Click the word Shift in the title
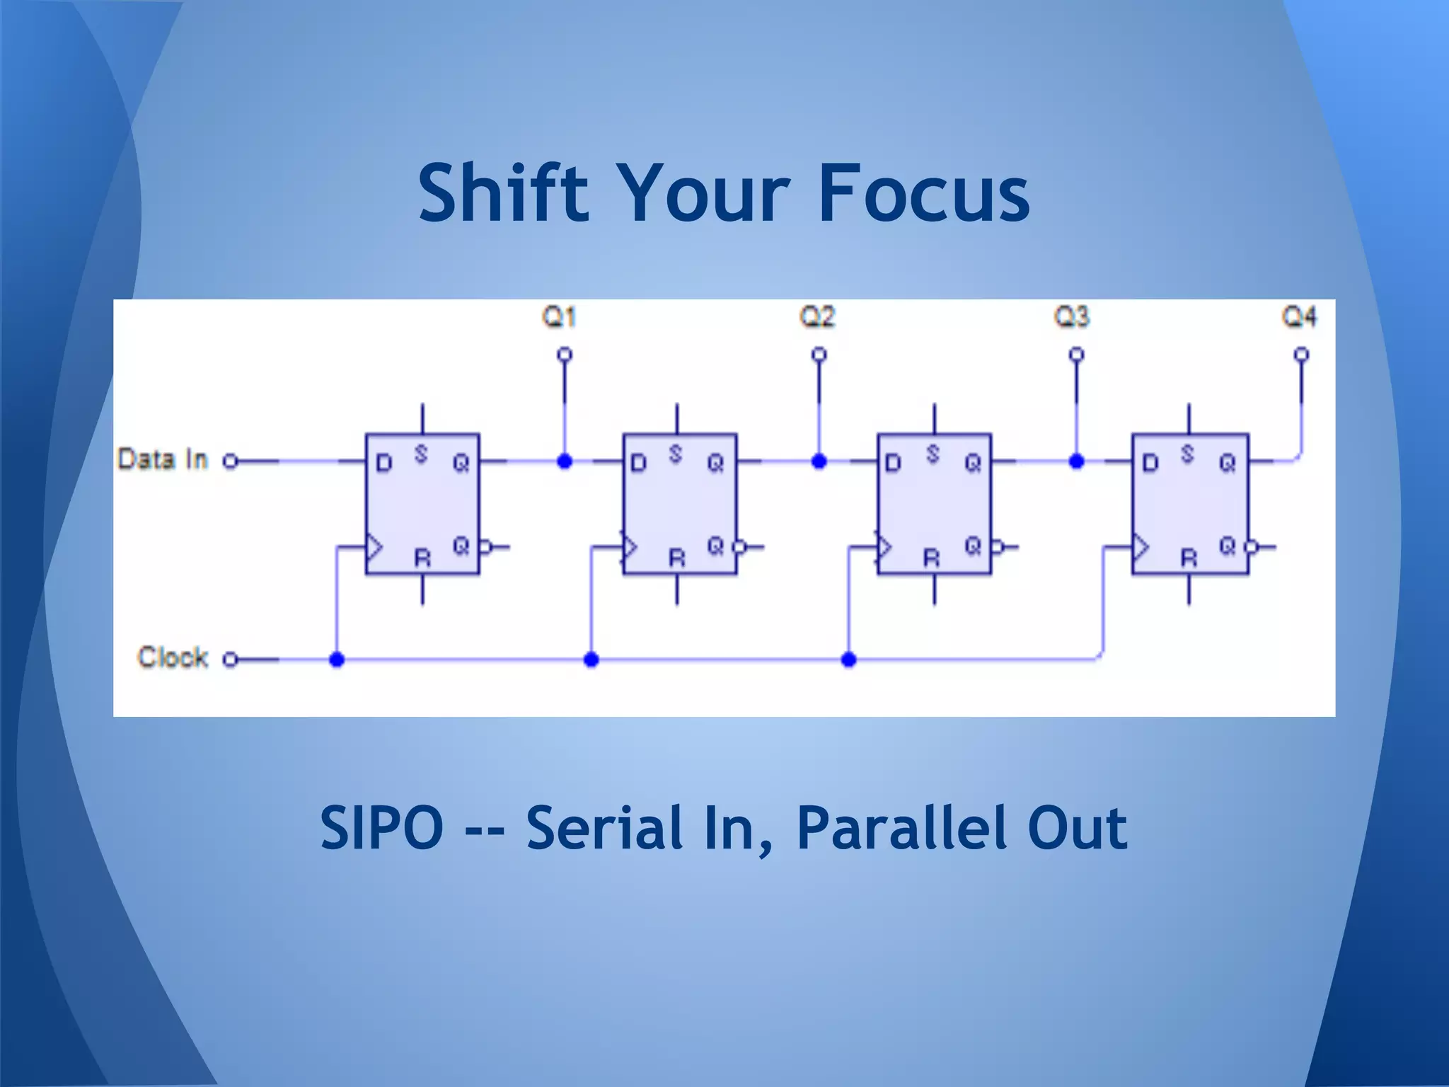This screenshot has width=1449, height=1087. click(503, 192)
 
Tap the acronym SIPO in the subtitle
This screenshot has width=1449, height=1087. click(381, 827)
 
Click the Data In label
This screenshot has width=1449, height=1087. click(163, 459)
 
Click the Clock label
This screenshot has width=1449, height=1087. click(173, 657)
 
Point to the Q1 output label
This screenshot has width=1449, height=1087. click(559, 316)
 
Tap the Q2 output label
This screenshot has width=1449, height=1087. click(817, 316)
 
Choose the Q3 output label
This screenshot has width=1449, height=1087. click(1072, 316)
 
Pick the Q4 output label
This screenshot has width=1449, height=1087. click(1300, 316)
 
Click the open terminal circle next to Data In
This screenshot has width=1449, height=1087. click(229, 461)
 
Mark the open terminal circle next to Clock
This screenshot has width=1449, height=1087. click(229, 660)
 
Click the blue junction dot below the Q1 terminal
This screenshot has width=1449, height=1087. click(565, 461)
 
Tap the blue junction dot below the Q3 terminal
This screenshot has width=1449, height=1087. click(1076, 461)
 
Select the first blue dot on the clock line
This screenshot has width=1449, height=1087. click(337, 660)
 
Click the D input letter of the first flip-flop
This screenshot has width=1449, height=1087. click(383, 464)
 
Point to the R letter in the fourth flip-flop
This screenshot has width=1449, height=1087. click(1189, 558)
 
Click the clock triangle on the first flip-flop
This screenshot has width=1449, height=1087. click(374, 547)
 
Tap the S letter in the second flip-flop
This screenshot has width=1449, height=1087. click(676, 454)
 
